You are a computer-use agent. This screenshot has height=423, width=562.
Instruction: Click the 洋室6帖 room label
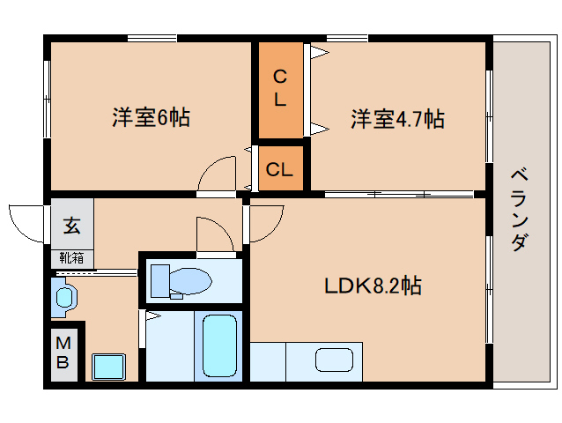point(151,117)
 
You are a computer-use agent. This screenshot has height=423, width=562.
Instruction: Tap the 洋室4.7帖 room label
point(397,119)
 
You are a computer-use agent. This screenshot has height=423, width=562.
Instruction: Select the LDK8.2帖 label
point(373,286)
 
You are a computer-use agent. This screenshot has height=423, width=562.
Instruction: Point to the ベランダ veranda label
point(519,210)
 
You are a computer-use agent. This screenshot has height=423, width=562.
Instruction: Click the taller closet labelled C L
point(281,90)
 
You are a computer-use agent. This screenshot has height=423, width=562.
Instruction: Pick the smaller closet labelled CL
point(281,168)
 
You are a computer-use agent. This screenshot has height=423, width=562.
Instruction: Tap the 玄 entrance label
point(71,226)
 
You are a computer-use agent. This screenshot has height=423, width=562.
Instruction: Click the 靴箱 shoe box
point(71,258)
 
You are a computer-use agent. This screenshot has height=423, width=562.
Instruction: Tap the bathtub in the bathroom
point(219,345)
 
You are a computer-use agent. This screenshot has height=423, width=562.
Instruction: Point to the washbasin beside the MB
point(64,298)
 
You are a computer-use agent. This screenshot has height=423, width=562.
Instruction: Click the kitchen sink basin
point(334,360)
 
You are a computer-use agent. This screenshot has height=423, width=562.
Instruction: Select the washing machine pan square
point(109,367)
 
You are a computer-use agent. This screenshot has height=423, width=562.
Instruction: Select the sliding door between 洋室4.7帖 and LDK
point(399,194)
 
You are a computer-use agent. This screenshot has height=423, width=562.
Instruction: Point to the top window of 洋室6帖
point(152,39)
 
